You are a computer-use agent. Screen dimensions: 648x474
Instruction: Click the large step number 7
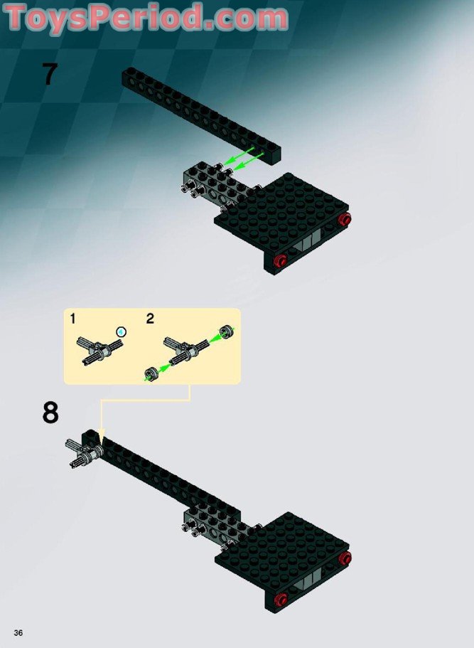pos(48,74)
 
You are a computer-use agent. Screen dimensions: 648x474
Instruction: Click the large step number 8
pos(50,413)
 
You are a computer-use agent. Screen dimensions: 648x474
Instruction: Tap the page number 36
pos(17,632)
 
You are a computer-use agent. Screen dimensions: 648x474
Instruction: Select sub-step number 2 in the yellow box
pos(150,319)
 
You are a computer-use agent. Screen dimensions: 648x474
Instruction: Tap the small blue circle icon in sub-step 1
pos(121,331)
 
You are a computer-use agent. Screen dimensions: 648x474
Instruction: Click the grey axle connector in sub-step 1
pos(97,350)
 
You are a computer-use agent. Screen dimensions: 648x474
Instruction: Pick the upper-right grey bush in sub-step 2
pos(226,330)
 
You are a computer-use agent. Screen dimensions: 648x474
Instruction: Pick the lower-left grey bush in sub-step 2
pos(151,373)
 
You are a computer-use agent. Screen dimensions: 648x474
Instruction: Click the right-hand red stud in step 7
pos(345,219)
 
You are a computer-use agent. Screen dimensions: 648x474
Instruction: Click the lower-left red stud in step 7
pos(281,260)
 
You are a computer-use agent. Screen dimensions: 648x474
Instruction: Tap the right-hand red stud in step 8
pos(345,558)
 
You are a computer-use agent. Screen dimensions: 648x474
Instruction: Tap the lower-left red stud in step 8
pos(281,599)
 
